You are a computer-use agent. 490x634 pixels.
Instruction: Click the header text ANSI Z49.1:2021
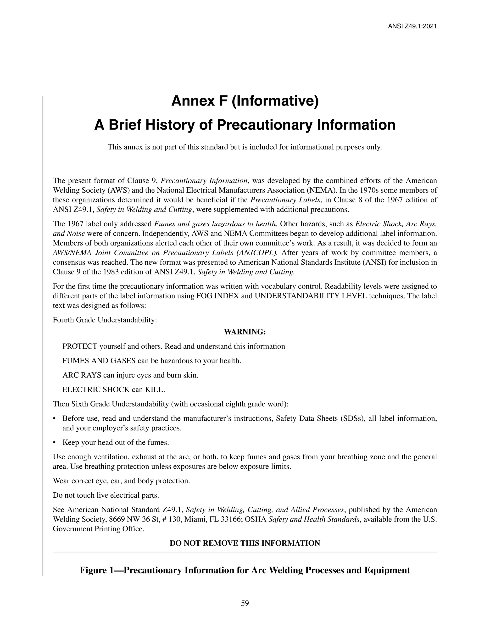412,26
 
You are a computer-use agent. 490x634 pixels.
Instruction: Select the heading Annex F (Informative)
245,101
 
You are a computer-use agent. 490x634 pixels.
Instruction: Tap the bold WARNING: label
245,332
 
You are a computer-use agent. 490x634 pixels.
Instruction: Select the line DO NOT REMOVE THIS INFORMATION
245,543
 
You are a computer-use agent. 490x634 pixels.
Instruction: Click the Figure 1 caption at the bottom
245,570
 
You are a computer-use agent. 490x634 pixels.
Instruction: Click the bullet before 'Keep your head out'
55,443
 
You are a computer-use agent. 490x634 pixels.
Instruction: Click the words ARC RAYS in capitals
82,375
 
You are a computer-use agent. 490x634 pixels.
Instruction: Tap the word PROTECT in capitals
79,346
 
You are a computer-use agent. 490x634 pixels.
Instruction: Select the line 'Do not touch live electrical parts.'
106,495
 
